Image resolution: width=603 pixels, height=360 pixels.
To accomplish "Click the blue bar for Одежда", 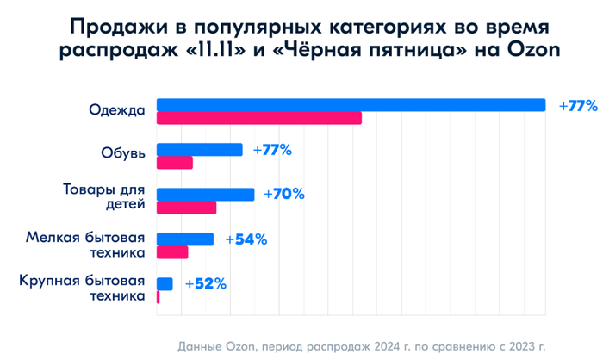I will pos(351,105).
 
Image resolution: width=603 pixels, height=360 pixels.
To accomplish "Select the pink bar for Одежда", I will pos(258,118).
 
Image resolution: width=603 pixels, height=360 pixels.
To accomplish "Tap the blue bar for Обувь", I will pos(199,150).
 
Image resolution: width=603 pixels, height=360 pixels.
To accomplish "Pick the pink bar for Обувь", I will pos(174,163).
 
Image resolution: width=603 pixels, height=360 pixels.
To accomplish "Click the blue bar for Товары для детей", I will pos(205,195).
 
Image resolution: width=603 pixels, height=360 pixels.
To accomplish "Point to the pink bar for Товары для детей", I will pos(186,208).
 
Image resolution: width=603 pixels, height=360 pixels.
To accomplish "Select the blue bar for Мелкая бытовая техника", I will pos(184,239).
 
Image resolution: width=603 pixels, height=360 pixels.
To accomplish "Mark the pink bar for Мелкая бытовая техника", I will pos(171,252).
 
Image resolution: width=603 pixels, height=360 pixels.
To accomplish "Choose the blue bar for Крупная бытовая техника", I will pos(164,284).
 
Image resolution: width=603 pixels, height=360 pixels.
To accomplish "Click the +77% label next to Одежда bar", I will pos(578,106).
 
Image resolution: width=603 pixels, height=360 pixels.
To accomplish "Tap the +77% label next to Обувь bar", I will pos(272,150).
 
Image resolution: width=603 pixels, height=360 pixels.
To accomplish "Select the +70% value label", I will pos(284,195).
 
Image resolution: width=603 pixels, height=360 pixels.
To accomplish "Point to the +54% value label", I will pos(246,239).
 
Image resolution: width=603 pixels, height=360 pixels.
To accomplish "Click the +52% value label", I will pos(206,284).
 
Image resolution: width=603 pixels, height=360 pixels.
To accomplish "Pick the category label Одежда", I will pos(118,110).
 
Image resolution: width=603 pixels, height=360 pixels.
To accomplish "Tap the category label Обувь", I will pos(123,155).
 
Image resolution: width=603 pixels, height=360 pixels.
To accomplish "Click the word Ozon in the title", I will pos(535,50).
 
